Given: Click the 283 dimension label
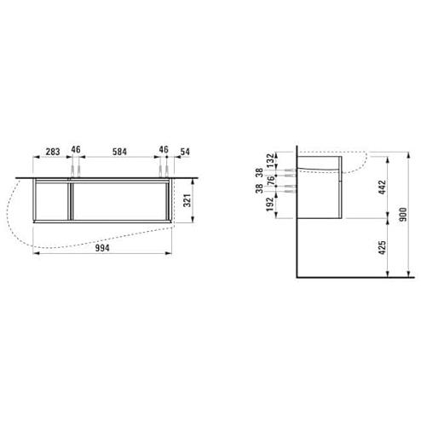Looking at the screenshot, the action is [53, 152].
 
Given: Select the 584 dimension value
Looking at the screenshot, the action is [119, 152].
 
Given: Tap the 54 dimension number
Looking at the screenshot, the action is [185, 152].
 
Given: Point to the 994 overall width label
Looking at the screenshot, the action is [102, 248].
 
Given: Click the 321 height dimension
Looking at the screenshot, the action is [187, 200].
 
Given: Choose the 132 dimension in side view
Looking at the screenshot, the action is [271, 160].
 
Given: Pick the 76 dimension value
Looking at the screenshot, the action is [271, 181].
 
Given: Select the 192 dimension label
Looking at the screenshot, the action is [270, 205].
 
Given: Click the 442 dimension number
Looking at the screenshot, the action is [382, 187].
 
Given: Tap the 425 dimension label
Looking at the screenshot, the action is [382, 247].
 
